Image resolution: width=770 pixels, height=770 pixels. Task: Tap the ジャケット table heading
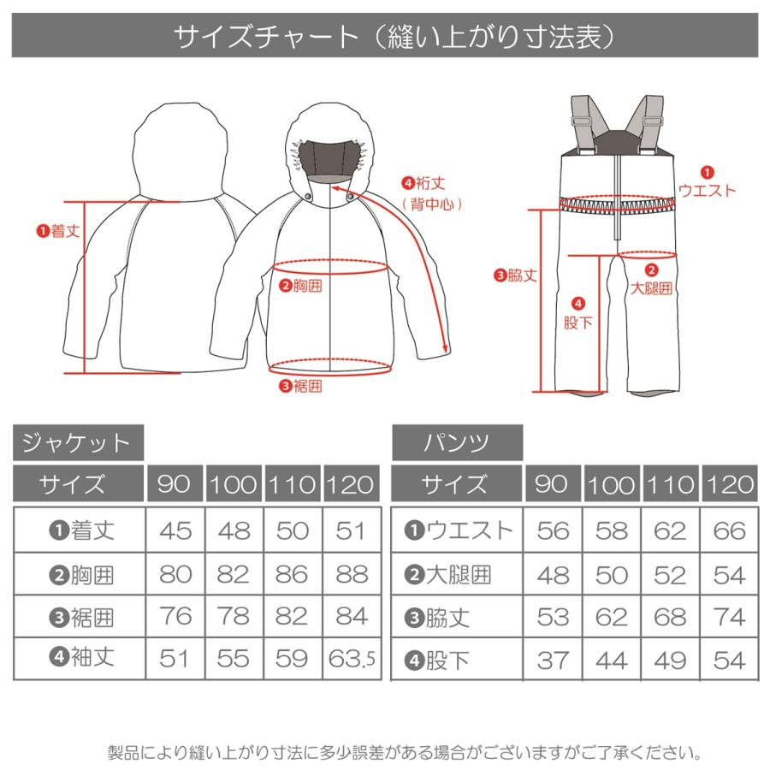[77, 443]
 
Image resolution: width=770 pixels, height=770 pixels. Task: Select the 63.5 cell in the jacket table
[351, 659]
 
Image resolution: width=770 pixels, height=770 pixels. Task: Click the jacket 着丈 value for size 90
[175, 531]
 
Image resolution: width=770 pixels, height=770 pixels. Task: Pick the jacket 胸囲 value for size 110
[293, 574]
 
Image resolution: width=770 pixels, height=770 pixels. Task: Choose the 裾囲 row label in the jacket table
[80, 616]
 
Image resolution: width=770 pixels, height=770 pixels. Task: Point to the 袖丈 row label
[80, 659]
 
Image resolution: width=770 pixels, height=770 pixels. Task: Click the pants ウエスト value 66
[729, 531]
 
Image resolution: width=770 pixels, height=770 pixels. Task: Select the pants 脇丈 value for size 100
[611, 616]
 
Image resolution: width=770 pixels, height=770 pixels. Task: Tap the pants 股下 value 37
[553, 659]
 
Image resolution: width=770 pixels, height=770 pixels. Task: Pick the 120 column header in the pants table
[729, 485]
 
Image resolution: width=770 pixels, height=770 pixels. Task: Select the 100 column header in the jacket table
[234, 485]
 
